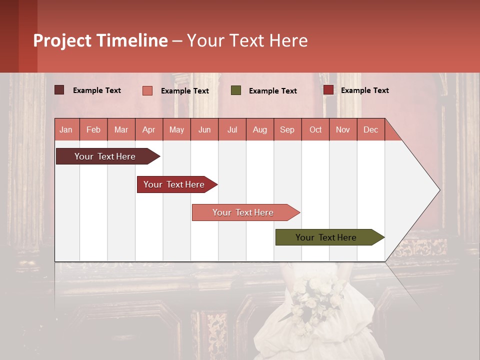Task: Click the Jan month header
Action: (x=66, y=129)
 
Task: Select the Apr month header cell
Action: (x=149, y=129)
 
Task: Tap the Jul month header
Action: (x=232, y=129)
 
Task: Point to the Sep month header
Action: (x=287, y=129)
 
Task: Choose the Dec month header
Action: (x=371, y=129)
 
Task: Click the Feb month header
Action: (x=93, y=129)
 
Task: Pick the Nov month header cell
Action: (x=343, y=129)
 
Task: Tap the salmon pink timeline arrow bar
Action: (x=243, y=212)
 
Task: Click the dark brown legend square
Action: (x=59, y=90)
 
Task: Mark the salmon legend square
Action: (x=147, y=90)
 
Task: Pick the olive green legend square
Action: (x=236, y=90)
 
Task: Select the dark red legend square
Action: (x=328, y=90)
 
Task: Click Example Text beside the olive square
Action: (x=272, y=91)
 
